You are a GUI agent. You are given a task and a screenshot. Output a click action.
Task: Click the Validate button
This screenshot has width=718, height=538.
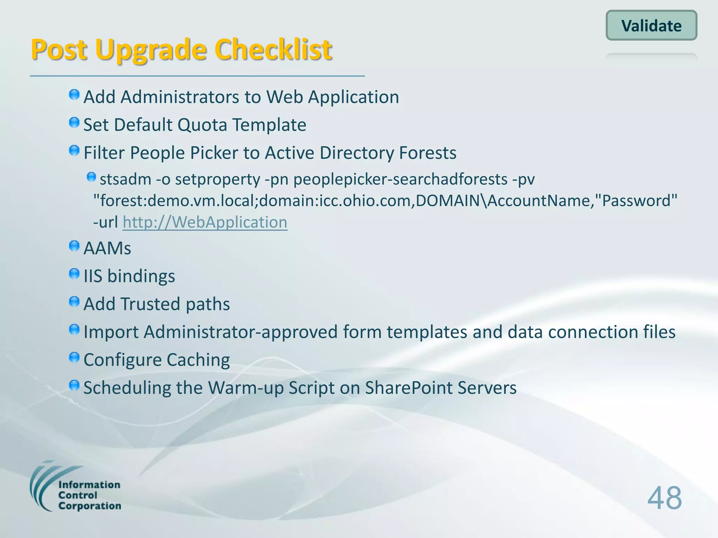651,26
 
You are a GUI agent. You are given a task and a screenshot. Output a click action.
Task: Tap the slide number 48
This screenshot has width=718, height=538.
664,498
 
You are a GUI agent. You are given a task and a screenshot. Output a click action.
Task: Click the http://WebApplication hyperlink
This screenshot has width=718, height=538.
205,222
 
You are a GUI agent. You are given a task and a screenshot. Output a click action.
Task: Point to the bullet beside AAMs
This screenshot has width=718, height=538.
74,246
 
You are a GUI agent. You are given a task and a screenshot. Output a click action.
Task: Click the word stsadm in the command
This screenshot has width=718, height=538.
125,179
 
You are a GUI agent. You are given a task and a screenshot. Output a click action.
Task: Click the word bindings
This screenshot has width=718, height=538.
141,276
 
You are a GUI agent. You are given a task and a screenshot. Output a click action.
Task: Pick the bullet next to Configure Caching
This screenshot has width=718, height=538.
74,358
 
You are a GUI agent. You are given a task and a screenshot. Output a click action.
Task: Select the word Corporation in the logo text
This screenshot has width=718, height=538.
90,506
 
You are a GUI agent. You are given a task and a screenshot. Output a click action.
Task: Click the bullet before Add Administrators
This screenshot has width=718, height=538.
74,95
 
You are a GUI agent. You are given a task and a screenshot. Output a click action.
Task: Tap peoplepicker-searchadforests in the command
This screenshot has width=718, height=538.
400,179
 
